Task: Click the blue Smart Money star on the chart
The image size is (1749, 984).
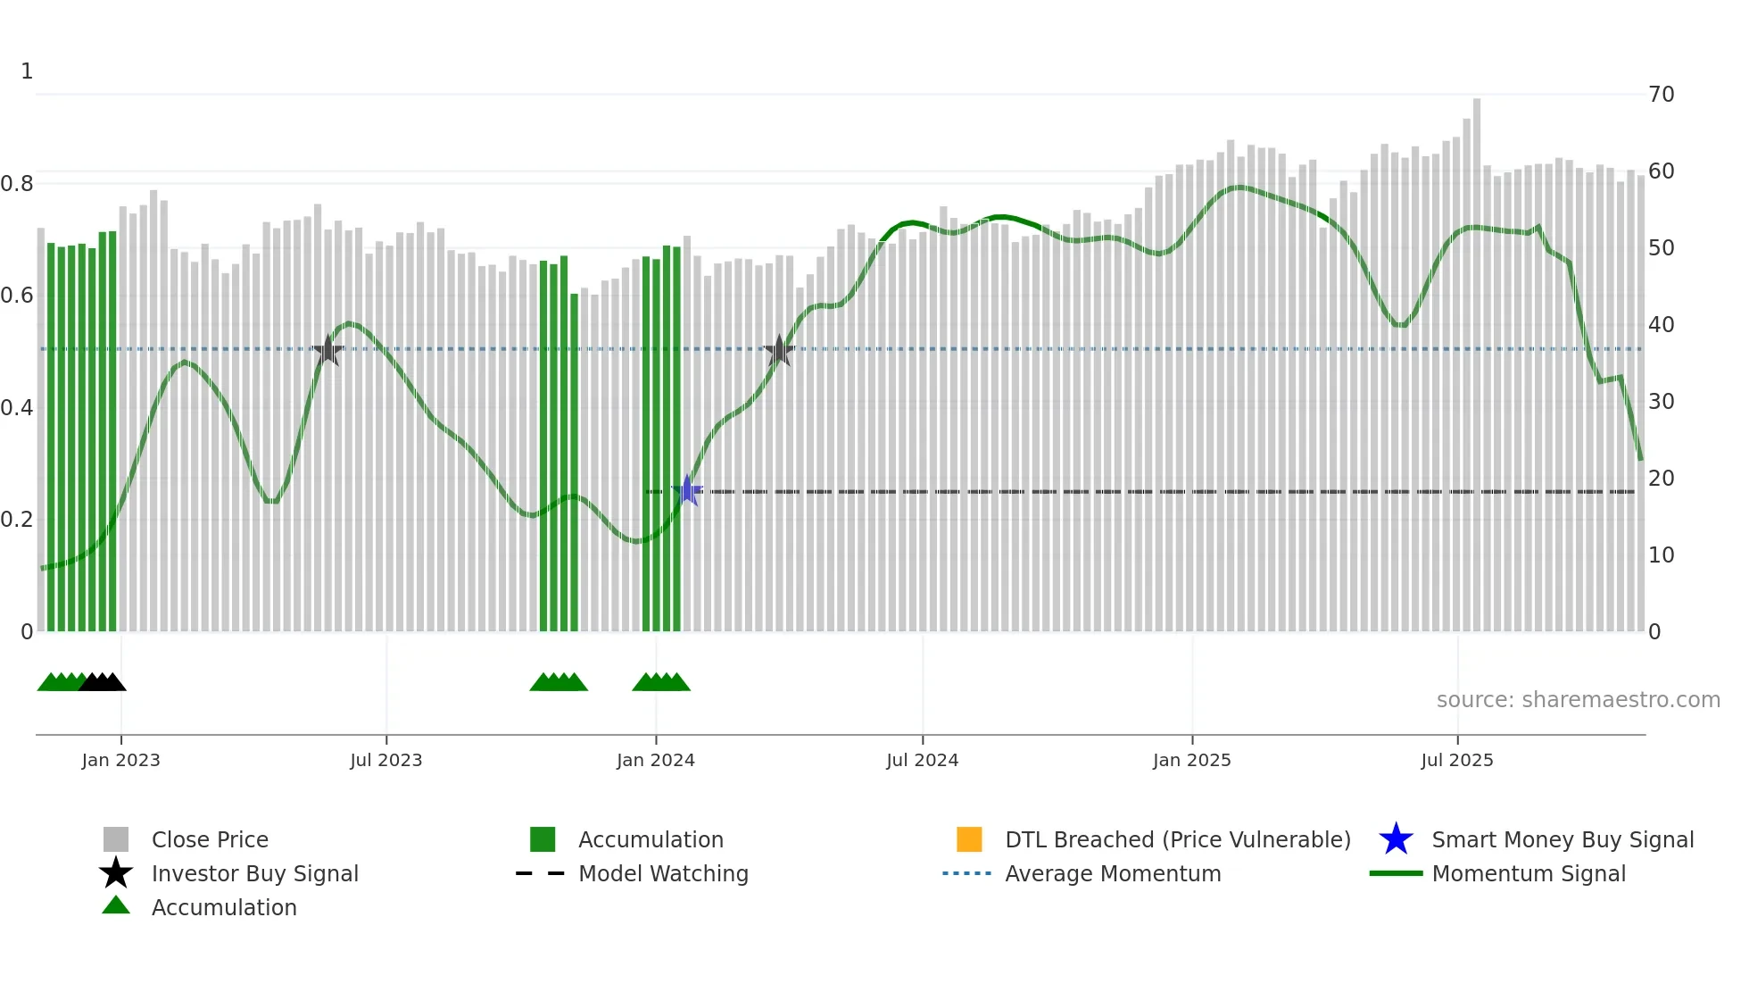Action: pyautogui.click(x=687, y=490)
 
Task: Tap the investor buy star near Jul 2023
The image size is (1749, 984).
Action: pyautogui.click(x=328, y=350)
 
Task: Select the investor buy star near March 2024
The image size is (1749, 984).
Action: pyautogui.click(x=780, y=351)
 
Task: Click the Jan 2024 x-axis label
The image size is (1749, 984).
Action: pyautogui.click(x=655, y=760)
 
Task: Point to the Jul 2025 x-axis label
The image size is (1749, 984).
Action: pyautogui.click(x=1456, y=760)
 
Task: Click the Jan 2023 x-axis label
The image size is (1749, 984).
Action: pyautogui.click(x=120, y=760)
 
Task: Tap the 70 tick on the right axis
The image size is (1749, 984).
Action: pyautogui.click(x=1662, y=95)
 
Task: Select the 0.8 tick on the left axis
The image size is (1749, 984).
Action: pyautogui.click(x=18, y=184)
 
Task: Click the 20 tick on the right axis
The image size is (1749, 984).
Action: pyautogui.click(x=1662, y=479)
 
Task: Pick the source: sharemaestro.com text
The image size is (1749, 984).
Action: pyautogui.click(x=1578, y=700)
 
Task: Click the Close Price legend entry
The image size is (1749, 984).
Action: pyautogui.click(x=210, y=839)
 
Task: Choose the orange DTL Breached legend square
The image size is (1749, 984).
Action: pyautogui.click(x=969, y=839)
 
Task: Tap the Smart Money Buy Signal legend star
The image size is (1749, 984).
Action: pyautogui.click(x=1397, y=839)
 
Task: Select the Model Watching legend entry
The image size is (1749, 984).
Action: pyautogui.click(x=663, y=873)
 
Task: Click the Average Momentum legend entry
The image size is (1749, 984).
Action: pyautogui.click(x=1113, y=873)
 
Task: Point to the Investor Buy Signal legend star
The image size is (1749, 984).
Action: pyautogui.click(x=116, y=873)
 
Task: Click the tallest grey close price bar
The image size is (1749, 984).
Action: pyautogui.click(x=1477, y=357)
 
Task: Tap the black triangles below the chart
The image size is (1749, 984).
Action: pyautogui.click(x=103, y=683)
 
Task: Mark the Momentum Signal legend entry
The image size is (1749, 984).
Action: pyautogui.click(x=1529, y=873)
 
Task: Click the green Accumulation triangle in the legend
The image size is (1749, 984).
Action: pyautogui.click(x=116, y=906)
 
